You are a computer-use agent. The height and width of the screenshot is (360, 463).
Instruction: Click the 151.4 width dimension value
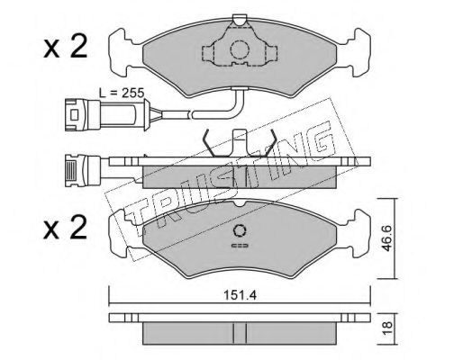(x=240, y=296)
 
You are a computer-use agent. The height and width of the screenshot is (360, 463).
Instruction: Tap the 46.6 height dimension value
(x=386, y=238)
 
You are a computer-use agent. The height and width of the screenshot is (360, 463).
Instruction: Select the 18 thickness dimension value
(x=387, y=328)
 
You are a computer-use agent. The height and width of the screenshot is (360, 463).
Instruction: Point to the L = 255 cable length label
(x=122, y=93)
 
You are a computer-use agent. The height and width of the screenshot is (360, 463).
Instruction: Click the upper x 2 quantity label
(x=66, y=47)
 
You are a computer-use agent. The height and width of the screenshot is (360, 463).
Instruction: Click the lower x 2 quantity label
(x=66, y=228)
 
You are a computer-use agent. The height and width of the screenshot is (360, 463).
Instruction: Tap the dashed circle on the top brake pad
(x=240, y=49)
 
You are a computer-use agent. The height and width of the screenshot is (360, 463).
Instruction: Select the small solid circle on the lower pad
(x=240, y=230)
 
